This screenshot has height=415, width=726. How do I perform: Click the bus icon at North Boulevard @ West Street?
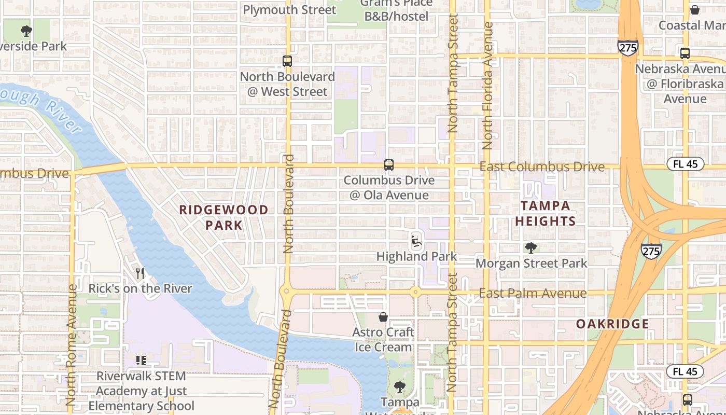click(x=287, y=61)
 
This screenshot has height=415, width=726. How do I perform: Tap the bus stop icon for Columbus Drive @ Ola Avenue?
click(x=388, y=165)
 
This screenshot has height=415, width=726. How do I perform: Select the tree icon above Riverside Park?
click(x=26, y=31)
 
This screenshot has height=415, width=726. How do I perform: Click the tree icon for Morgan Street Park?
click(x=530, y=248)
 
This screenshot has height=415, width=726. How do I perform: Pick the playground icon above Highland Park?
click(x=416, y=241)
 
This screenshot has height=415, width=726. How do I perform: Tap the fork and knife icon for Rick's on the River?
click(x=139, y=273)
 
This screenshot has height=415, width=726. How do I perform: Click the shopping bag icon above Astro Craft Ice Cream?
click(x=383, y=317)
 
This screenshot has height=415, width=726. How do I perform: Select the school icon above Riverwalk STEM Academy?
click(x=141, y=360)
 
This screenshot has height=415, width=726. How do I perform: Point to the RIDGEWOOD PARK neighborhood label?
click(x=224, y=217)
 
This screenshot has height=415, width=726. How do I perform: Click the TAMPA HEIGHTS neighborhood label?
click(x=545, y=213)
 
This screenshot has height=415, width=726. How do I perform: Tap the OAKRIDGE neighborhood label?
click(x=612, y=324)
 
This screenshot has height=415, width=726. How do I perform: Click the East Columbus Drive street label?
click(x=541, y=167)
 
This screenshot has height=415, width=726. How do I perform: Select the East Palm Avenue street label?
click(x=533, y=293)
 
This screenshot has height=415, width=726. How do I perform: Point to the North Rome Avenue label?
click(x=72, y=344)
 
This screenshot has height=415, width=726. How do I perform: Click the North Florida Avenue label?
click(x=487, y=86)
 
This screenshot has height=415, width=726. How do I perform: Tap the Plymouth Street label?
click(x=289, y=9)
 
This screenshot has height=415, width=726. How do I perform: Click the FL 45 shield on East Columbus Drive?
click(x=685, y=164)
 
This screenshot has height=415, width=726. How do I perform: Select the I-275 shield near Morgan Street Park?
click(x=651, y=251)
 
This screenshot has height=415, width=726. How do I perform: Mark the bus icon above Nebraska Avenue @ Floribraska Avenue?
click(x=685, y=53)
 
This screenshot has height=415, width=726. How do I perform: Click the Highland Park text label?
click(x=416, y=256)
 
